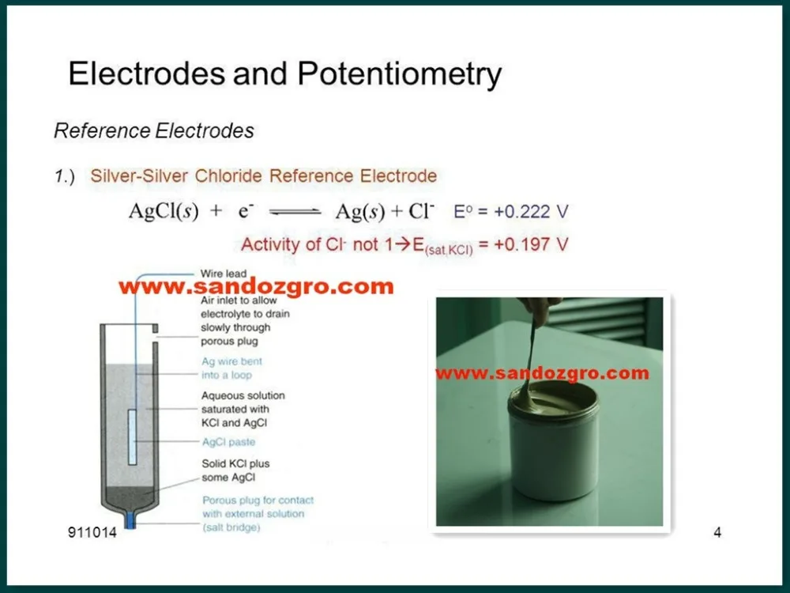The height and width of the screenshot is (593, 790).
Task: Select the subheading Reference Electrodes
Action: point(154,130)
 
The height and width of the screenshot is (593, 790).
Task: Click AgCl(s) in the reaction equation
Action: point(164,212)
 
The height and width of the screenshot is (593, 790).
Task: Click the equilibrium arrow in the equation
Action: point(295,212)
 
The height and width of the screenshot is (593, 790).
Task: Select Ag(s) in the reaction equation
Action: point(360,212)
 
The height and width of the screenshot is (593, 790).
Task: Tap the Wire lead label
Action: point(224,274)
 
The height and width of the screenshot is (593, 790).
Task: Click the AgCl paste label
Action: point(228,443)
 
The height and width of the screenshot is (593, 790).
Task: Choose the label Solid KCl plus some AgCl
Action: point(235,470)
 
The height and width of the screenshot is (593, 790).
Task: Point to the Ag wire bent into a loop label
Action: point(231,368)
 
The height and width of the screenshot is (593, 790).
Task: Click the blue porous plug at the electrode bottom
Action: point(130,523)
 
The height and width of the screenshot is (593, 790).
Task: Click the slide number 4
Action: point(717,532)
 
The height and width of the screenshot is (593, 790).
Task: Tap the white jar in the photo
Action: point(553,451)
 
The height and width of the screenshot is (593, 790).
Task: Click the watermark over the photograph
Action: point(541,373)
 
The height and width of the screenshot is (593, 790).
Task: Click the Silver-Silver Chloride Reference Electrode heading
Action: point(263,176)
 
